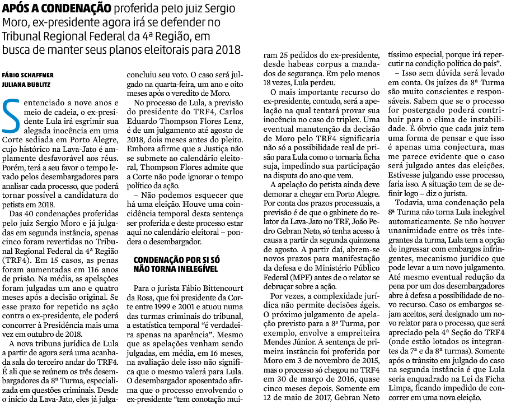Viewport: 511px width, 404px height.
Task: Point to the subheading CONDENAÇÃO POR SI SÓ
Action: tap(176, 259)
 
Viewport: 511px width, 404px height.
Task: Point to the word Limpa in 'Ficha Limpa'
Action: tap(409, 388)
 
